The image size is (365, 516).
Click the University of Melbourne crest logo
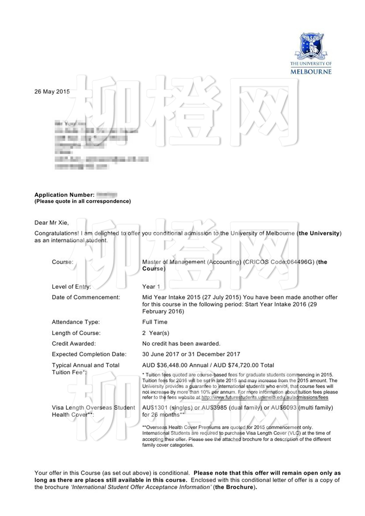(311, 46)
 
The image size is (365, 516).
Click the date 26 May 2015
(52, 92)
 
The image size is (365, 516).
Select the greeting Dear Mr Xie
(52, 223)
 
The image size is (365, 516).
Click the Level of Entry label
(71, 287)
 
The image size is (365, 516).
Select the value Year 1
(151, 287)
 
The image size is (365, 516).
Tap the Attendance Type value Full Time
(155, 322)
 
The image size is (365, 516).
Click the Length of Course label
(76, 333)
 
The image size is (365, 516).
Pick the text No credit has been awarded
(181, 344)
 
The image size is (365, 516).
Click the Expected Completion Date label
(89, 354)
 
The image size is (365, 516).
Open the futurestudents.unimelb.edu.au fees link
(265, 398)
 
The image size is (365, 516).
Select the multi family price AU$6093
(284, 408)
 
